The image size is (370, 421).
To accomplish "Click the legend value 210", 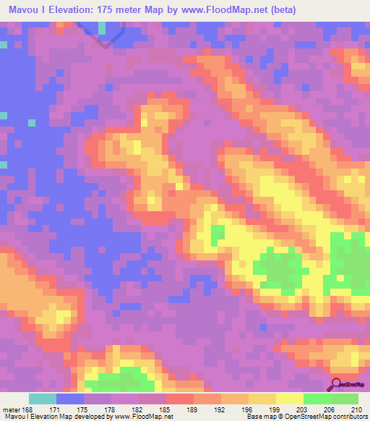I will coord(358,409).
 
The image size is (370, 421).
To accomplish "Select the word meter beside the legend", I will coord(12,409).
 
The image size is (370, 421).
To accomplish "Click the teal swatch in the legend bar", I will coord(43,399).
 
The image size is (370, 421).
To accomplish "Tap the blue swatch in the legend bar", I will coord(70,399).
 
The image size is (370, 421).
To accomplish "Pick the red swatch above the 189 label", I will coord(180,399).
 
